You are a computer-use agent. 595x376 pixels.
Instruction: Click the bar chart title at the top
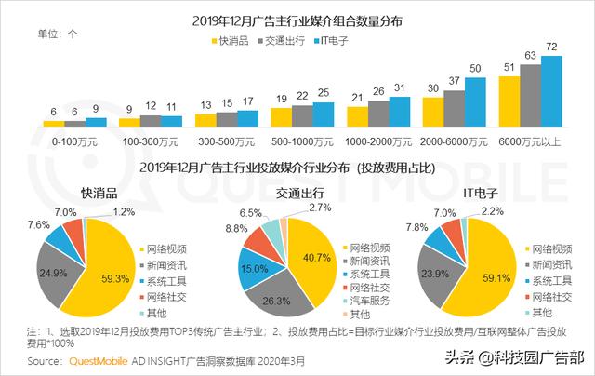click(x=297, y=20)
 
